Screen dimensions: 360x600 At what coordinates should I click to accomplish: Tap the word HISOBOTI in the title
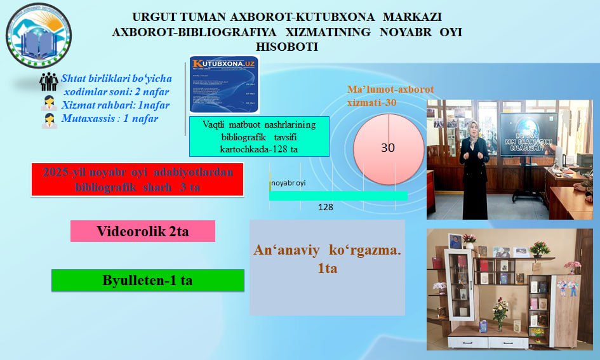[286, 47]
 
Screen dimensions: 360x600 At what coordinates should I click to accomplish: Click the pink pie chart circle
[388, 147]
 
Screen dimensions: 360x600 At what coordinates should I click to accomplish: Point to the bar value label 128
[326, 207]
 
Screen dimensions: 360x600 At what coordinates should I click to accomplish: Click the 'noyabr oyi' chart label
[288, 183]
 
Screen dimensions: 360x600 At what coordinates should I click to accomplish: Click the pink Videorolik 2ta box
[143, 231]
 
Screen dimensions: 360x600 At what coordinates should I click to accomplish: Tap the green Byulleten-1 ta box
[147, 280]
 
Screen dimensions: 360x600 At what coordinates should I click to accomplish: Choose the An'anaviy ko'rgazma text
[327, 258]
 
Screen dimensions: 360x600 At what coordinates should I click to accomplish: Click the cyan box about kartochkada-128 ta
[260, 137]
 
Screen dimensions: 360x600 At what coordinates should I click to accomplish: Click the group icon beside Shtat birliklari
[49, 82]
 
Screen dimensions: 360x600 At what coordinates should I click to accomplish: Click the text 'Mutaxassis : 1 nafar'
[110, 118]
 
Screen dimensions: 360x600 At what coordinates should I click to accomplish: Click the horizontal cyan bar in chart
[338, 196]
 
